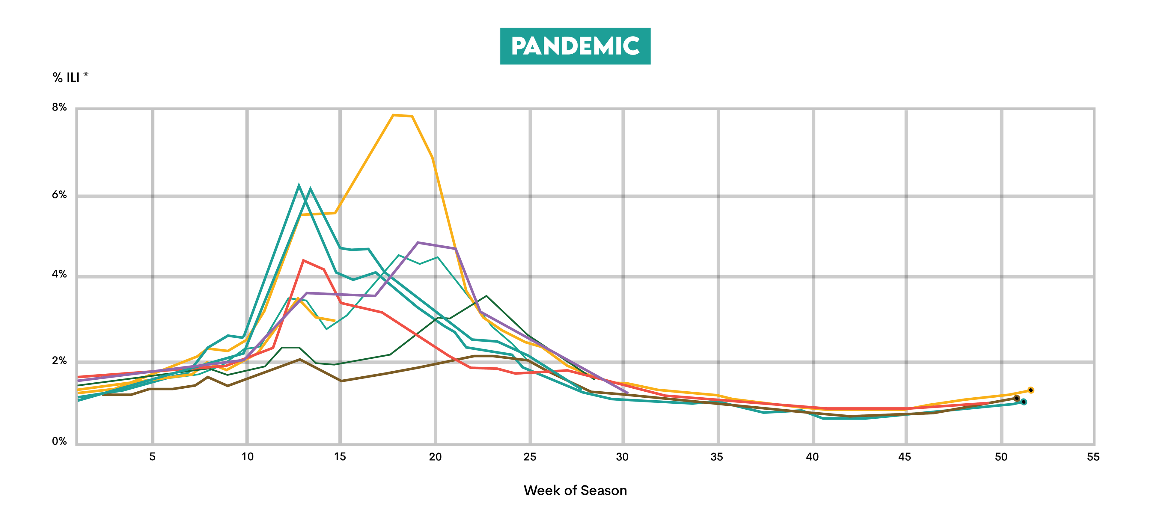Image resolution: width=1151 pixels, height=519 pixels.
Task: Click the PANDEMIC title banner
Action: coord(575,46)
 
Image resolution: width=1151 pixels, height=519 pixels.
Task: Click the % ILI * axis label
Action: coord(70,77)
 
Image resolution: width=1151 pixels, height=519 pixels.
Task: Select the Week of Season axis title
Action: coord(575,491)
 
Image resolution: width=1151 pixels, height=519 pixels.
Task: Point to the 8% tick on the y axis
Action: coord(59,107)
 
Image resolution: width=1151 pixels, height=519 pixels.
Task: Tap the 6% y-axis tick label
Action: coord(59,195)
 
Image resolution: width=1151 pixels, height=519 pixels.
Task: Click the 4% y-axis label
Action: coord(59,274)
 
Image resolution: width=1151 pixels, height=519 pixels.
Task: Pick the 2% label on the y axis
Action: coord(59,360)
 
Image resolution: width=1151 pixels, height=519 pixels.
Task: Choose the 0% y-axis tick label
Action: coord(59,441)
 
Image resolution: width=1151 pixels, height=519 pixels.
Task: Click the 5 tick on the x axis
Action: coord(152,456)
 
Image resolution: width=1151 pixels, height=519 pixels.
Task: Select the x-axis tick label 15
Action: coord(340,456)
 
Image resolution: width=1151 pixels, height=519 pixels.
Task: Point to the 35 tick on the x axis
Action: coord(717,456)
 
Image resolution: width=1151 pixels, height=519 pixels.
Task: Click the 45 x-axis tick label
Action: coord(905,456)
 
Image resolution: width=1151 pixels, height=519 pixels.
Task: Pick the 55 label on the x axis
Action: coord(1093,456)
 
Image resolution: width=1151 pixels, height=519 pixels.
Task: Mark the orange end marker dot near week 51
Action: coord(1031,390)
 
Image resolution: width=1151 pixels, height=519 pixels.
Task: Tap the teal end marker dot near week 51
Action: coord(1023,402)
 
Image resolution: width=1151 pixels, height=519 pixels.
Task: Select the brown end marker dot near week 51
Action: coord(1016,398)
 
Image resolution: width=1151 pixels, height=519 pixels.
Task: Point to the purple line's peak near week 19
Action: coord(418,242)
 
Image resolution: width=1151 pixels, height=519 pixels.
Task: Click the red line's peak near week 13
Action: coord(303,260)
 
